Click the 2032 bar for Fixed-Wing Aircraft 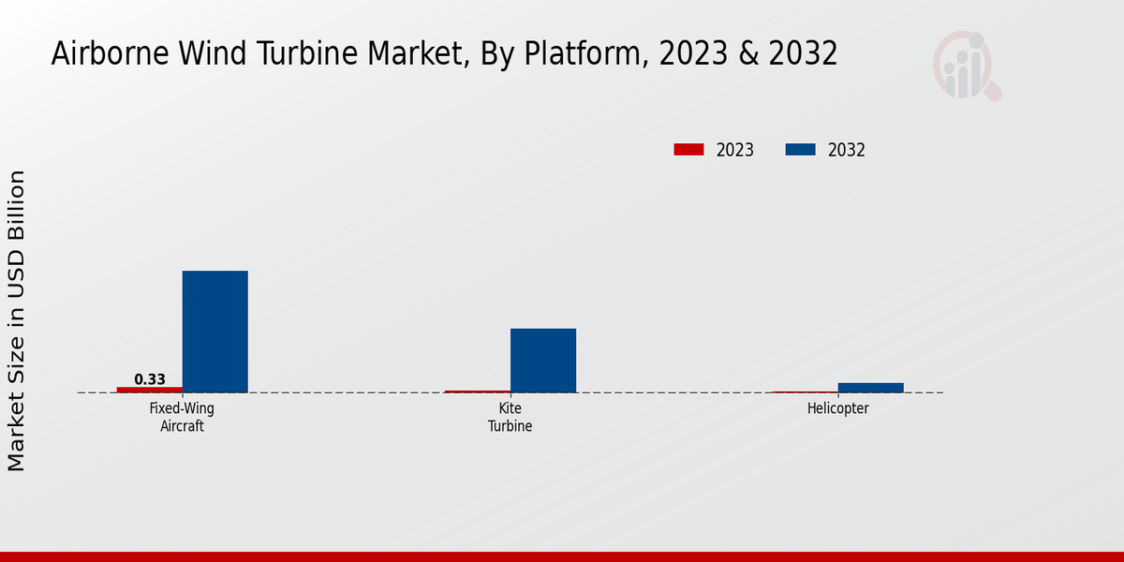pyautogui.click(x=214, y=332)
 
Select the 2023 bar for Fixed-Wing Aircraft pyautogui.click(x=150, y=390)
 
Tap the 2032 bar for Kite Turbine pyautogui.click(x=543, y=361)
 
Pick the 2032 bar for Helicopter pyautogui.click(x=871, y=388)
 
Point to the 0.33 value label pyautogui.click(x=150, y=379)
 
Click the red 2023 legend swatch pyautogui.click(x=688, y=150)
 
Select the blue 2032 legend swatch pyautogui.click(x=800, y=150)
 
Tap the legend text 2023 pyautogui.click(x=735, y=150)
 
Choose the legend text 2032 pyautogui.click(x=847, y=150)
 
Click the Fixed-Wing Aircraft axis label pyautogui.click(x=176, y=417)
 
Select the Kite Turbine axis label pyautogui.click(x=510, y=417)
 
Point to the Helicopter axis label pyautogui.click(x=838, y=408)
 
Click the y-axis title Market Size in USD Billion pyautogui.click(x=17, y=321)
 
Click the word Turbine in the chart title pyautogui.click(x=303, y=54)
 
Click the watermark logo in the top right pyautogui.click(x=966, y=66)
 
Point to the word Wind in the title pyautogui.click(x=211, y=54)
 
